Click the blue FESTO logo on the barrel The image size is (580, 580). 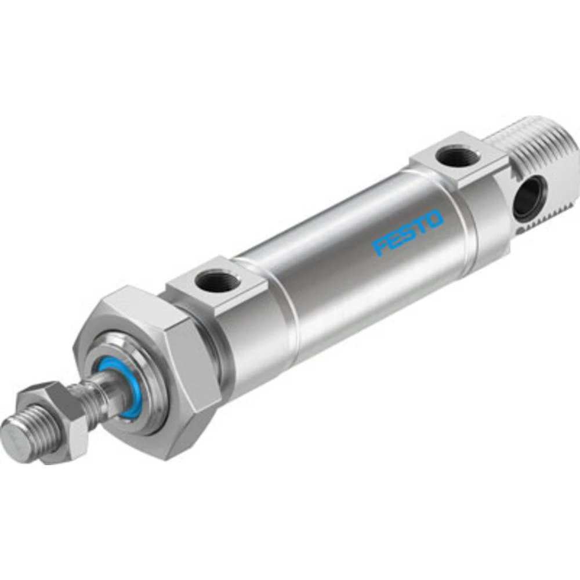pos(408,233)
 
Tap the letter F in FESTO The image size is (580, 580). pos(380,245)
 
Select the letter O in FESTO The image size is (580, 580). pos(434,219)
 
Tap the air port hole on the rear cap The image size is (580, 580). pos(453,157)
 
